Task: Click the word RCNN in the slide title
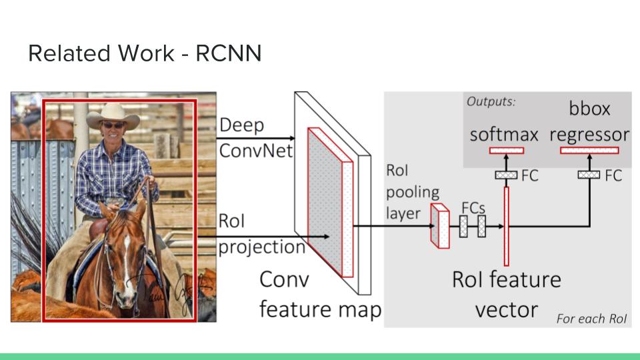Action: [x=228, y=53]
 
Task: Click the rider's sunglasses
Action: [x=113, y=125]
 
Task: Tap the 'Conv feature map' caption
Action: [x=319, y=294]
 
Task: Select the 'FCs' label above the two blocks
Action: [x=473, y=207]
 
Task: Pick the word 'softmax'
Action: [x=503, y=134]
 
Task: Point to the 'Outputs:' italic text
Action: [x=491, y=102]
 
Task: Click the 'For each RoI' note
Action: [x=591, y=319]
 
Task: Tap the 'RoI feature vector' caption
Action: [x=506, y=293]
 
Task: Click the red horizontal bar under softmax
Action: [x=507, y=151]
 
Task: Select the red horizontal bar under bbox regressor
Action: [x=589, y=151]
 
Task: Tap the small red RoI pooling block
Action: [x=439, y=226]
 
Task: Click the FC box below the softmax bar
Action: [x=507, y=175]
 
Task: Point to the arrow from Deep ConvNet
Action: [x=254, y=138]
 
